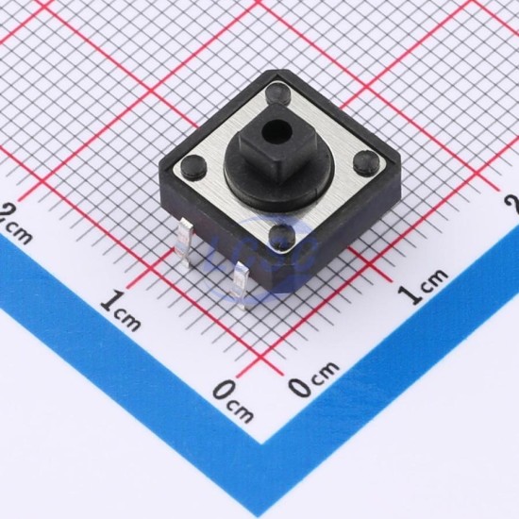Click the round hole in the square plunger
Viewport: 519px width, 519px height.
click(275, 130)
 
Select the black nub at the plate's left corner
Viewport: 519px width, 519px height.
click(194, 165)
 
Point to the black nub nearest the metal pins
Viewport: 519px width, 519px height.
click(282, 236)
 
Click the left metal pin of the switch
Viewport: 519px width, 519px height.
click(184, 243)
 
